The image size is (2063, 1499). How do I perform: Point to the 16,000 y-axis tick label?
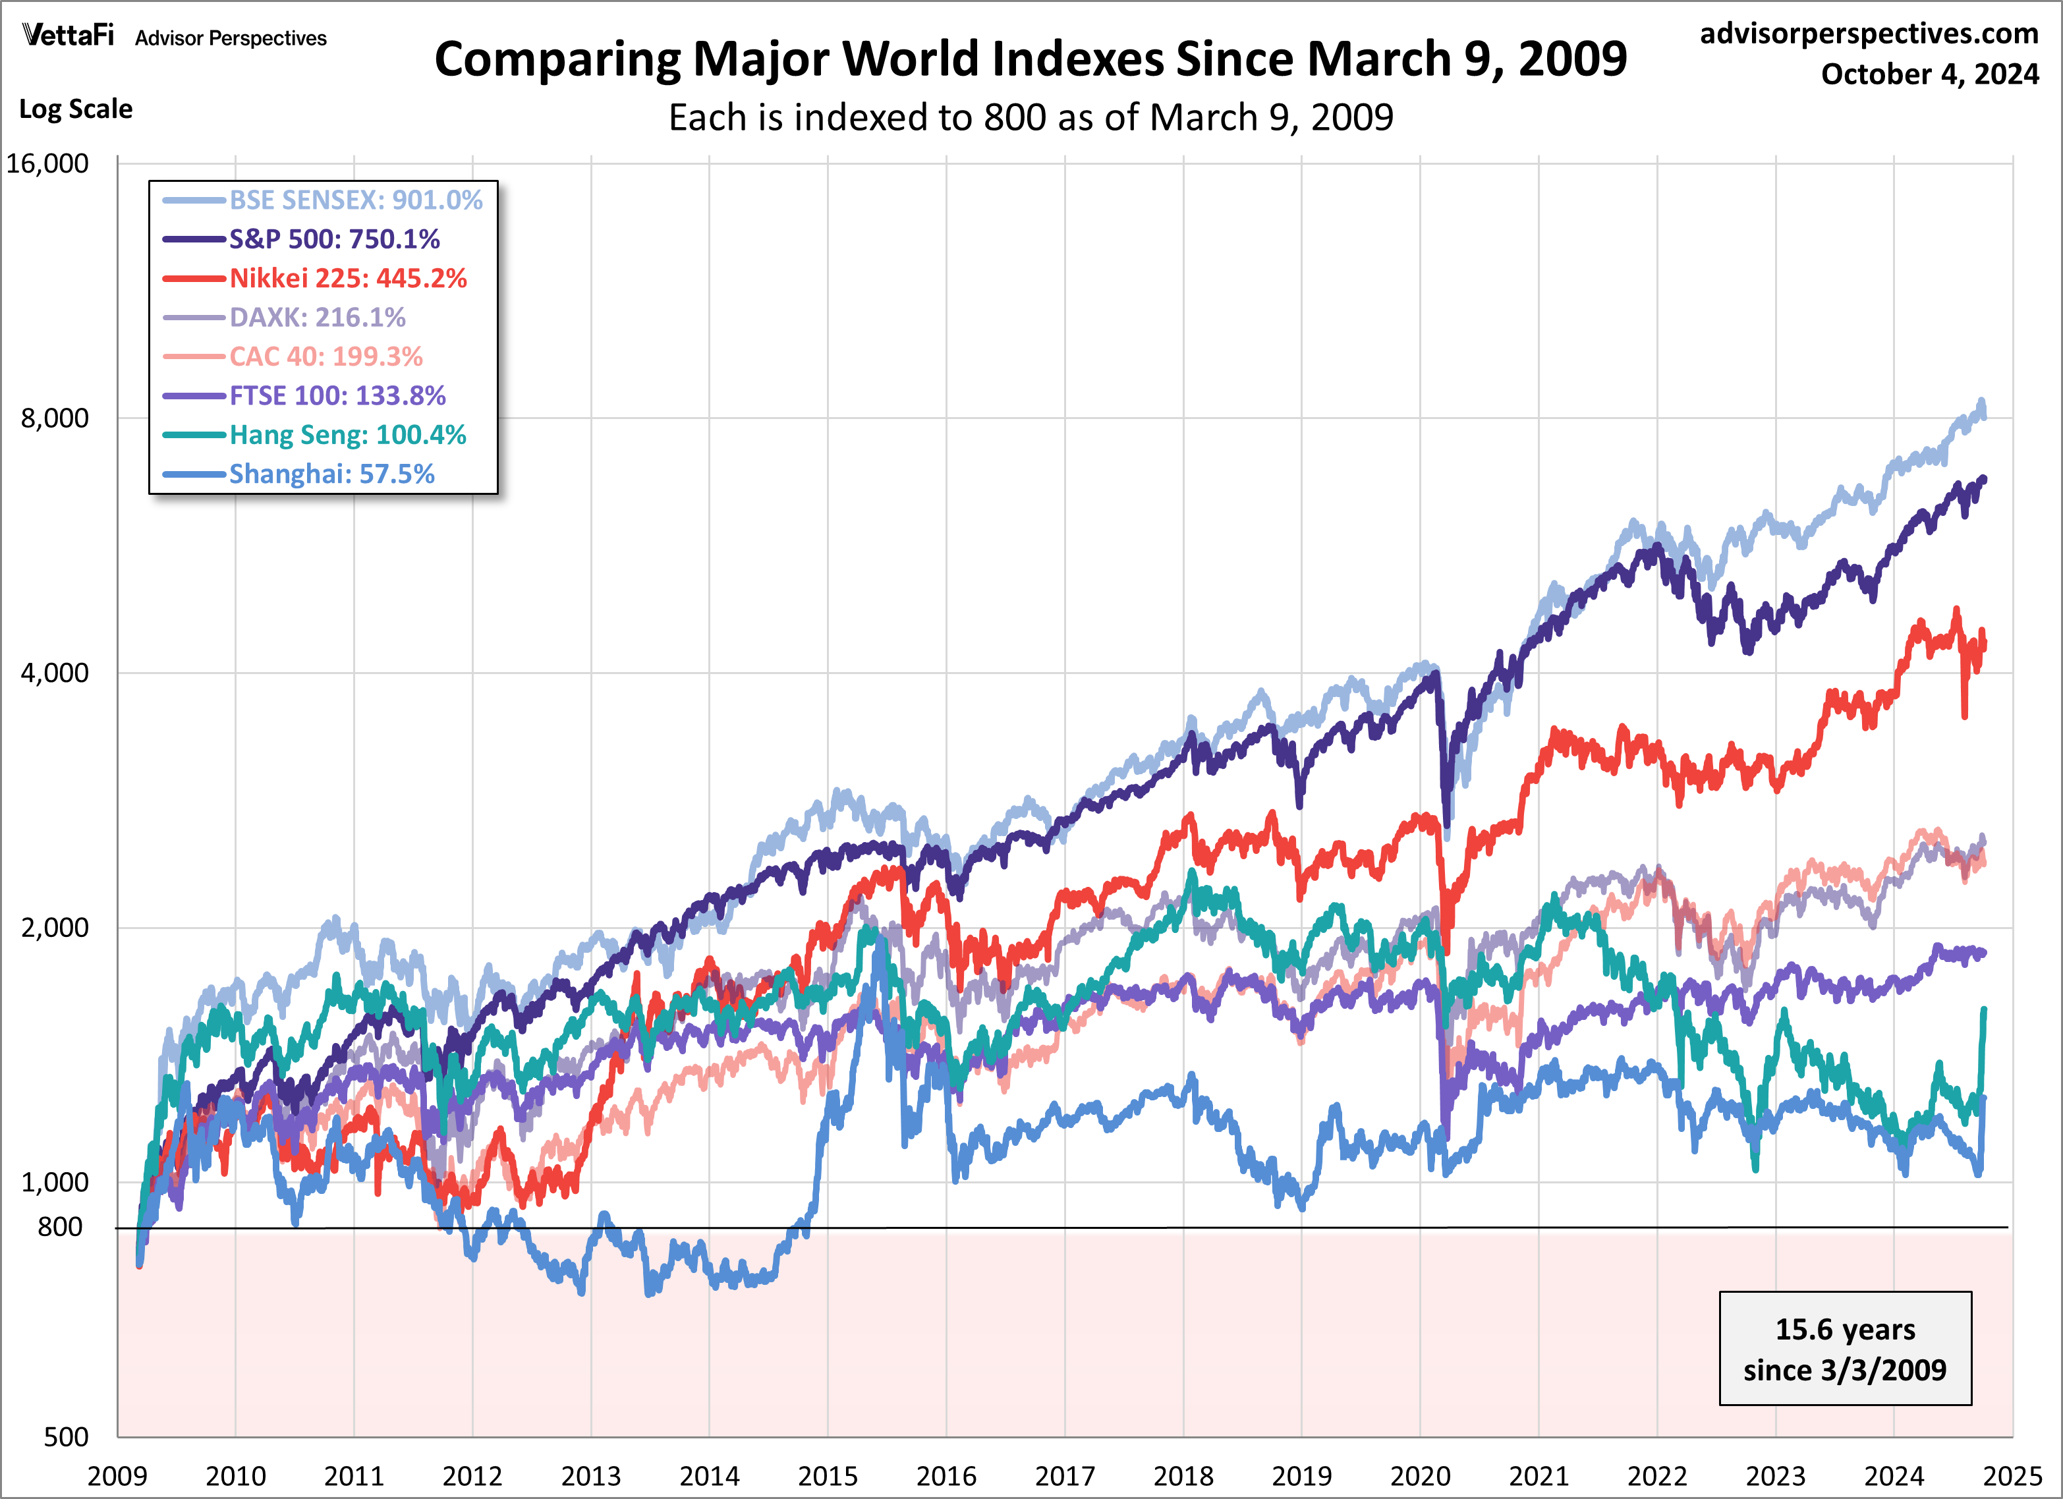point(47,163)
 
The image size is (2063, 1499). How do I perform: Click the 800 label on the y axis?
point(60,1227)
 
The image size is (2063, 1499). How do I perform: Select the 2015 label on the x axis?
point(828,1475)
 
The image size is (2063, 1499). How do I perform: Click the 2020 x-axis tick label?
point(1420,1475)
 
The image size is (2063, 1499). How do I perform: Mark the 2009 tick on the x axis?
point(117,1475)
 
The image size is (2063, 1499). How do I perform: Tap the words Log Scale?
point(76,109)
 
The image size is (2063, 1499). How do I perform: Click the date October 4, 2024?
point(1929,74)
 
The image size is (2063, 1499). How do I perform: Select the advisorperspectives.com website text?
point(1869,34)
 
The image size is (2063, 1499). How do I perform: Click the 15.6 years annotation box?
point(1845,1348)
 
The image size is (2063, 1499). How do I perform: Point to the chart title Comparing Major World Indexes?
point(1031,59)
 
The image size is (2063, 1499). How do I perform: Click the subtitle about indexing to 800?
point(1031,117)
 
